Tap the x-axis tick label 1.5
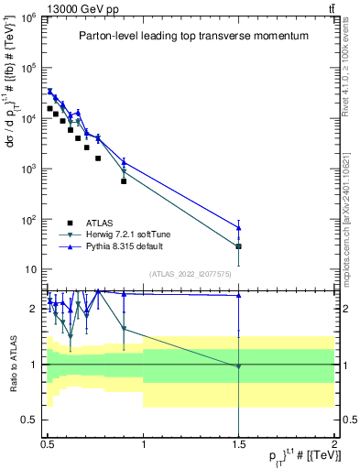tap(238, 442)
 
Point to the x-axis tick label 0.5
tap(48, 442)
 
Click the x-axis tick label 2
tap(333, 442)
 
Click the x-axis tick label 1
tap(143, 442)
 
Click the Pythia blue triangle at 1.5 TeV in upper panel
tap(238, 227)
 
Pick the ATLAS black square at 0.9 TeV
tap(124, 181)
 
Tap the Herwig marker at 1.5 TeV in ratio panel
tap(238, 366)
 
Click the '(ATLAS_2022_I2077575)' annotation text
tap(190, 274)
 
